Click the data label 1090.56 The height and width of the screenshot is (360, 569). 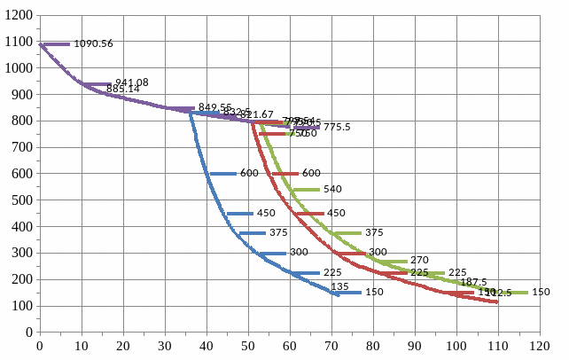93,43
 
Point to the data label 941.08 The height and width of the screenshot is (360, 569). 131,82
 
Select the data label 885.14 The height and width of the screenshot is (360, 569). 123,90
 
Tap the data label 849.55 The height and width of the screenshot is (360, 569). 215,107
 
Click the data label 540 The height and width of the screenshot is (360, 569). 332,190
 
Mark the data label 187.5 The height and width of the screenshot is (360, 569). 473,282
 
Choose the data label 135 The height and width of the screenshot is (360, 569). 339,286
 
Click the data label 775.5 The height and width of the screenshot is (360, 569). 337,128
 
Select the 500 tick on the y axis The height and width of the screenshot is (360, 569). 21,200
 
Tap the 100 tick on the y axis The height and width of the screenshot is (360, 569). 21,306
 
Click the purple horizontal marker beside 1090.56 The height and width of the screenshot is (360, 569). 55,43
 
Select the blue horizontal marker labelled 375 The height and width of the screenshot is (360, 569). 252,233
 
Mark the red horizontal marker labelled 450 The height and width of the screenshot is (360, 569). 309,214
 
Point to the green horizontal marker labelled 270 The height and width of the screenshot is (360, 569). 393,262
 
